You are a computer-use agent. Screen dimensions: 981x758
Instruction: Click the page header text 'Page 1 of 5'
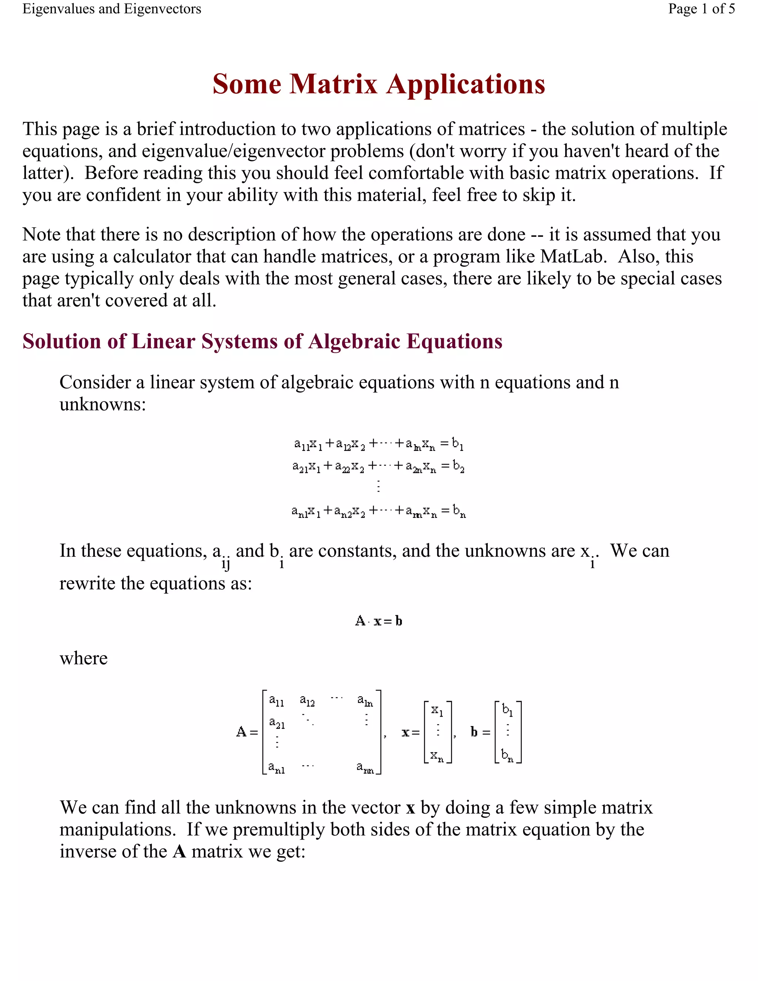tap(701, 9)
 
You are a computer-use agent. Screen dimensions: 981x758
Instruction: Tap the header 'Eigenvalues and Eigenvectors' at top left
tap(112, 9)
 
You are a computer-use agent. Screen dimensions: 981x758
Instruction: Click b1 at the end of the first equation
tap(457, 444)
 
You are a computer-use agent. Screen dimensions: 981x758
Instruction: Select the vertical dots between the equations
tap(379, 486)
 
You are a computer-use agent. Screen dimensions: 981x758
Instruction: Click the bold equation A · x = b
tap(379, 621)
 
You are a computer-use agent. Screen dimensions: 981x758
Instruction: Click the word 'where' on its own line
tap(84, 659)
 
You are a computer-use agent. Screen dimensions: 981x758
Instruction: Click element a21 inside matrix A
tap(276, 723)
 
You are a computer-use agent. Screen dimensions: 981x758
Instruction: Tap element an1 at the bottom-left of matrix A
tap(276, 768)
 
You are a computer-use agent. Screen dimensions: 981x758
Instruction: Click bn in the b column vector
tap(507, 756)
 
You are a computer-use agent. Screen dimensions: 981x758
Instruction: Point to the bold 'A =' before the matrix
tap(247, 733)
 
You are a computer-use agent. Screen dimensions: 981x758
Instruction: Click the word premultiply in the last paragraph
tap(278, 830)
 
